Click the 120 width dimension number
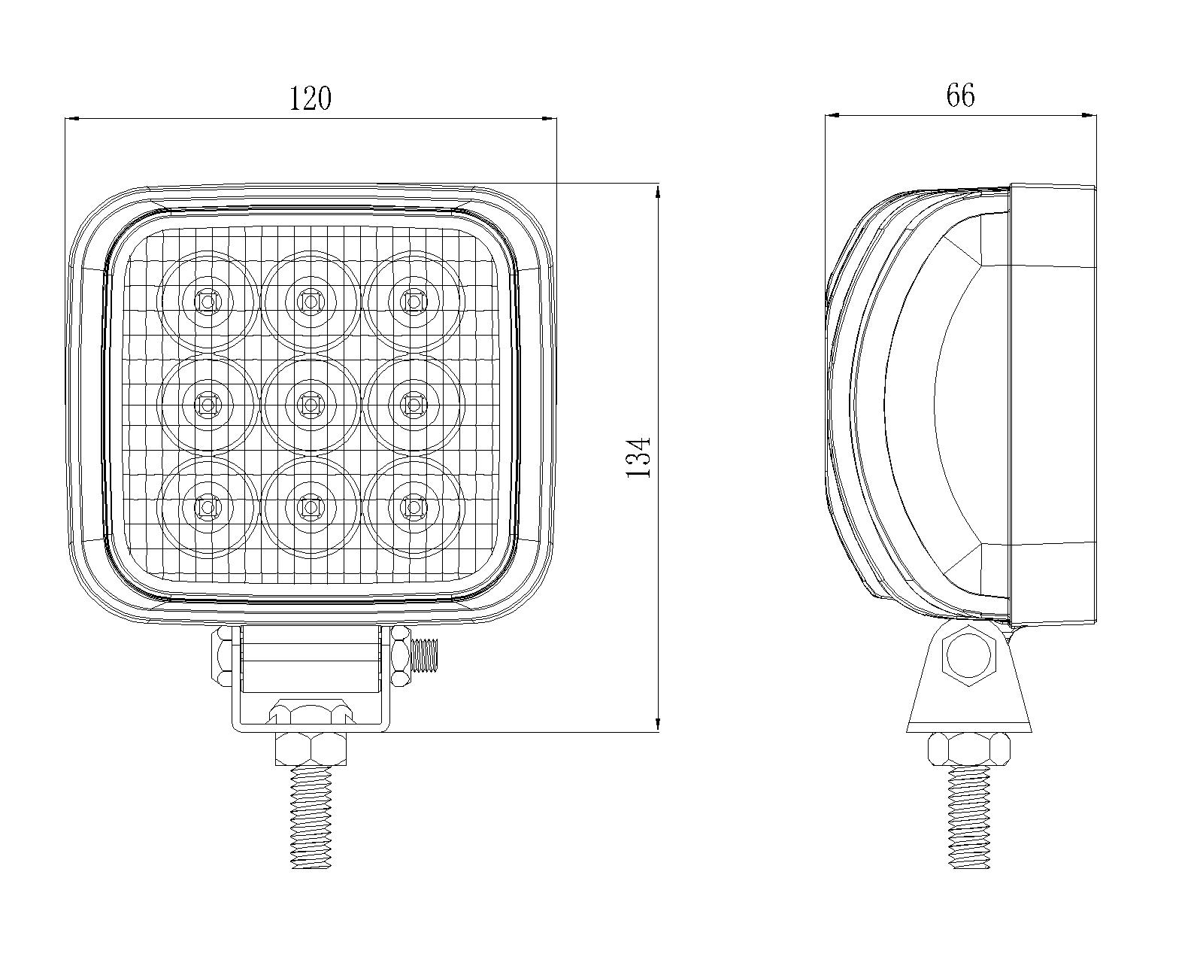pyautogui.click(x=311, y=99)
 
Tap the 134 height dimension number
pyautogui.click(x=638, y=457)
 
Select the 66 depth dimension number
pyautogui.click(x=960, y=96)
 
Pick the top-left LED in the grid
pyautogui.click(x=206, y=302)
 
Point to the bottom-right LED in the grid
pyautogui.click(x=412, y=508)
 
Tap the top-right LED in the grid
pyautogui.click(x=412, y=302)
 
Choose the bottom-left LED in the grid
pyautogui.click(x=206, y=508)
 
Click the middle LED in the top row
pyautogui.click(x=309, y=302)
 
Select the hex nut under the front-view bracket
pyautogui.click(x=311, y=749)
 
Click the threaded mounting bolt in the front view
pyautogui.click(x=311, y=816)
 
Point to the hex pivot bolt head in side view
pyautogui.click(x=970, y=655)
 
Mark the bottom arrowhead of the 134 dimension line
pyautogui.click(x=658, y=724)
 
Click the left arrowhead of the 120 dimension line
pyautogui.click(x=72, y=118)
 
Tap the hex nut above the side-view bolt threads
pyautogui.click(x=968, y=749)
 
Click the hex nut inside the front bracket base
pyautogui.click(x=311, y=712)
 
